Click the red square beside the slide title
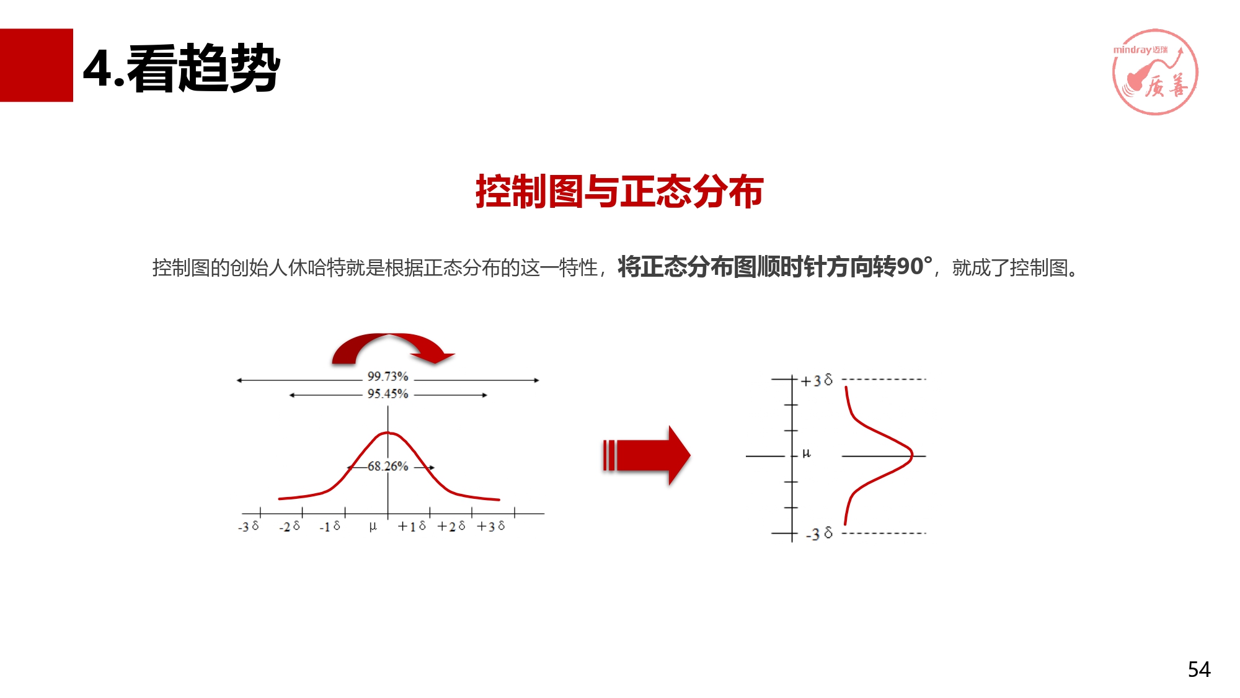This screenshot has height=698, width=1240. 37,65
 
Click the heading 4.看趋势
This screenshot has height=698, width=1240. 182,68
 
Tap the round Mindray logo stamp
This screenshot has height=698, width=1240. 1155,72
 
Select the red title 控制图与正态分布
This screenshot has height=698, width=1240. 619,191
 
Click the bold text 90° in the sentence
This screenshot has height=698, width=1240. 914,266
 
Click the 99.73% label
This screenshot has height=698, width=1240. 387,377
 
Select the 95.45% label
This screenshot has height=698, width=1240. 387,394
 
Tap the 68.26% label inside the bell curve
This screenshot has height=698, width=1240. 388,466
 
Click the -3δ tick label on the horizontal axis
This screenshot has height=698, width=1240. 248,527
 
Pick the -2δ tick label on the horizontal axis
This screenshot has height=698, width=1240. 289,527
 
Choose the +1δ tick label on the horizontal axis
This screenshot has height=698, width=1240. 412,526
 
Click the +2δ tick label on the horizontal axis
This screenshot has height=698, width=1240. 451,526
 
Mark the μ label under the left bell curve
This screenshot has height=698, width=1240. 373,527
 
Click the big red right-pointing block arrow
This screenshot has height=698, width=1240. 646,455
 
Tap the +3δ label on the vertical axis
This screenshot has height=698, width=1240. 817,380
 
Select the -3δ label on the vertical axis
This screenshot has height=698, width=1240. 819,534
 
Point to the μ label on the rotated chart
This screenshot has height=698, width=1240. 806,454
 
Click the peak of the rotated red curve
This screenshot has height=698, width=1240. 912,455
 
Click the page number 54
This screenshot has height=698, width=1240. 1199,669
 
